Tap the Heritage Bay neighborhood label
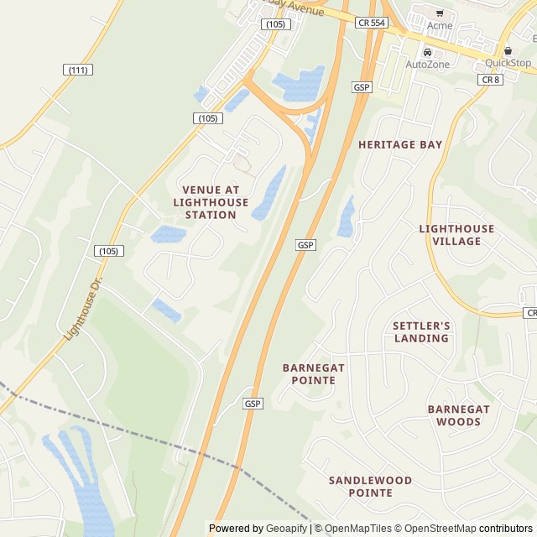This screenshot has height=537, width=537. pyautogui.click(x=399, y=144)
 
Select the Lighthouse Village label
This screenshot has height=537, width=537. pyautogui.click(x=456, y=235)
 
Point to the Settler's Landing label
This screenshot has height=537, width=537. pyautogui.click(x=421, y=331)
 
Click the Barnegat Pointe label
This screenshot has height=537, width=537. pyautogui.click(x=314, y=373)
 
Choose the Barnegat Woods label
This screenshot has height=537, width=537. pyautogui.click(x=458, y=415)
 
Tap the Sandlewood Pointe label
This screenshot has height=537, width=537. pyautogui.click(x=370, y=487)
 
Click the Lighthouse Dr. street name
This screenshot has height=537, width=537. pyautogui.click(x=82, y=306)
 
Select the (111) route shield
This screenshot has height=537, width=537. pyautogui.click(x=78, y=70)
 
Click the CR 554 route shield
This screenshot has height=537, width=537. pyautogui.click(x=370, y=23)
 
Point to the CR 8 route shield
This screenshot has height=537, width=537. pyautogui.click(x=490, y=79)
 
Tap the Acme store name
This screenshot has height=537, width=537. pyautogui.click(x=439, y=25)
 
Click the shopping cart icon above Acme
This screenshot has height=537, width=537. pyautogui.click(x=440, y=13)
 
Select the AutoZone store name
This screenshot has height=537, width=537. pyautogui.click(x=427, y=65)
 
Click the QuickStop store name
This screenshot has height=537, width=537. pyautogui.click(x=508, y=63)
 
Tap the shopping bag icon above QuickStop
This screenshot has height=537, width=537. pyautogui.click(x=508, y=50)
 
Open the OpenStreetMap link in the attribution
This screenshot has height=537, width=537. pyautogui.click(x=435, y=529)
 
